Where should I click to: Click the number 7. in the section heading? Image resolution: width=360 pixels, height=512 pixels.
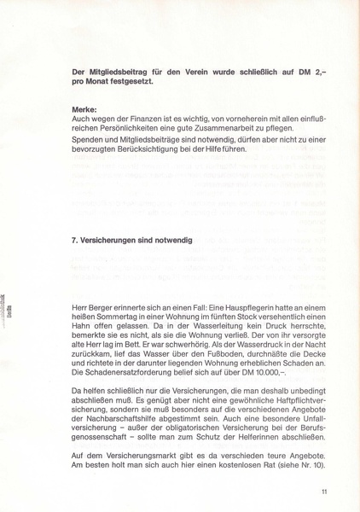coord(75,241)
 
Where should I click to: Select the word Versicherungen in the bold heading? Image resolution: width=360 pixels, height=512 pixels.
coord(113,241)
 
